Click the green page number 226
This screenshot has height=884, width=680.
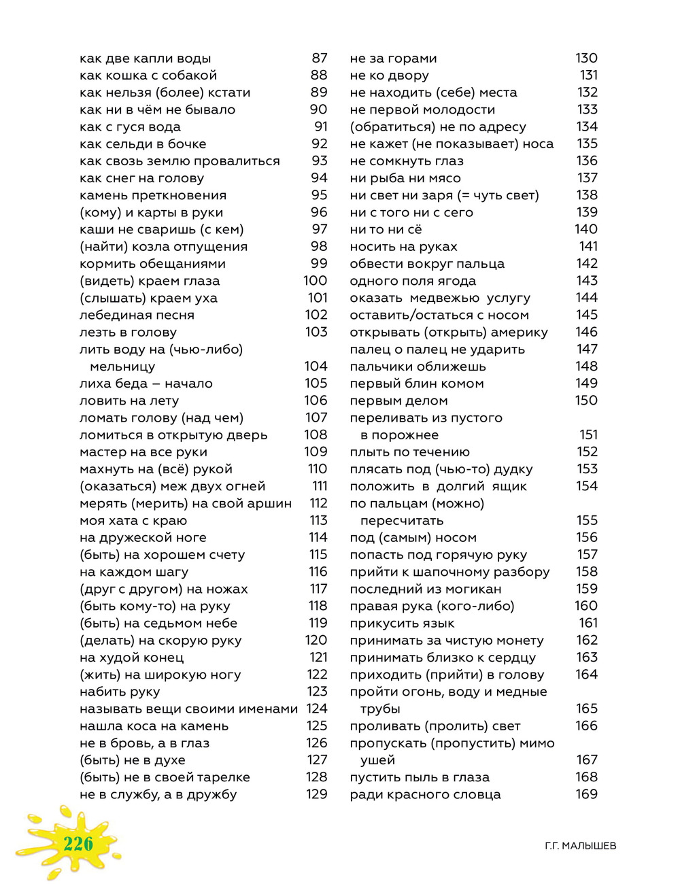pos(78,844)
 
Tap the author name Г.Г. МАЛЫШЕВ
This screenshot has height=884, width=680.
pos(580,846)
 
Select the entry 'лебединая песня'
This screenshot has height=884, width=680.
pos(137,315)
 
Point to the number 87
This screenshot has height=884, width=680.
pos(319,58)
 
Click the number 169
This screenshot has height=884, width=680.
pos(586,794)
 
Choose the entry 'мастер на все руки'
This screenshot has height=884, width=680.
pos(143,452)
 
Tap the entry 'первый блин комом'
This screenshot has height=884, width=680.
pos(416,384)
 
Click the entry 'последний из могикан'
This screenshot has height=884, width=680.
pos(425,589)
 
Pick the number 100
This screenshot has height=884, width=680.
pos(315,281)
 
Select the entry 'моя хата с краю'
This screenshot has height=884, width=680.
pos(133,521)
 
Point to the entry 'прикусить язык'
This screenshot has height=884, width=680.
pos(402,624)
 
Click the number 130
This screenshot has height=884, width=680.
pos(586,58)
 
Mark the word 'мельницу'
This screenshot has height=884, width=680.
pos(122,367)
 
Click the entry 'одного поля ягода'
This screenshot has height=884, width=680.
pos(413,281)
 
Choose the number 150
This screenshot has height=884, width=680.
pos(586,401)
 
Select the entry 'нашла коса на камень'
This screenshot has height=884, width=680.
pos(154,726)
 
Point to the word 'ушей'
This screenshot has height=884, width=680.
pos(377,760)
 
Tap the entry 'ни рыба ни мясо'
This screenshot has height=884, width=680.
pos(405,178)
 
